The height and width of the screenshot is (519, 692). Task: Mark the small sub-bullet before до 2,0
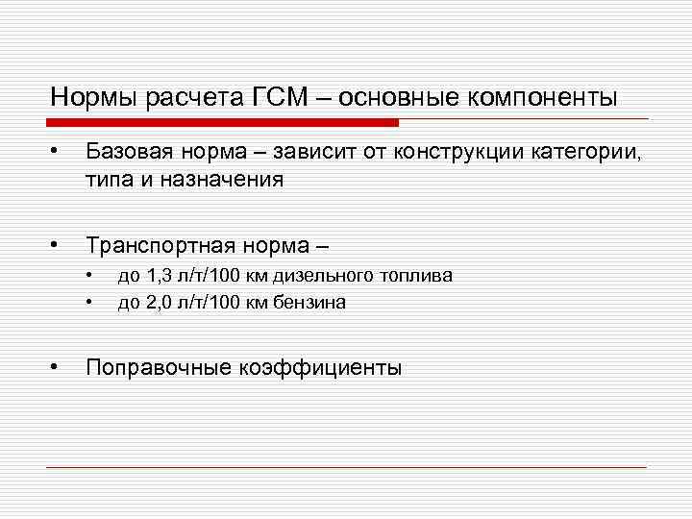89,303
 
